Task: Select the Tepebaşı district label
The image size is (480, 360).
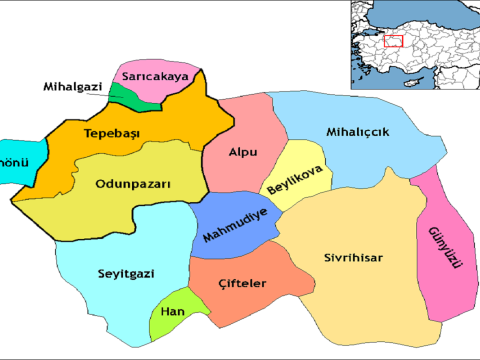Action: click(110, 135)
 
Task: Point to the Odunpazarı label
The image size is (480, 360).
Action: click(133, 184)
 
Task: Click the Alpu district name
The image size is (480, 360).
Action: click(243, 153)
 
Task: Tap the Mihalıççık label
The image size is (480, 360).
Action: click(357, 132)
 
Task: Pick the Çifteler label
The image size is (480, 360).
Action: click(241, 284)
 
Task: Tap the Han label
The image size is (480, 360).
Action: click(173, 311)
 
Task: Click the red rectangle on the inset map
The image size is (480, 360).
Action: click(393, 41)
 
